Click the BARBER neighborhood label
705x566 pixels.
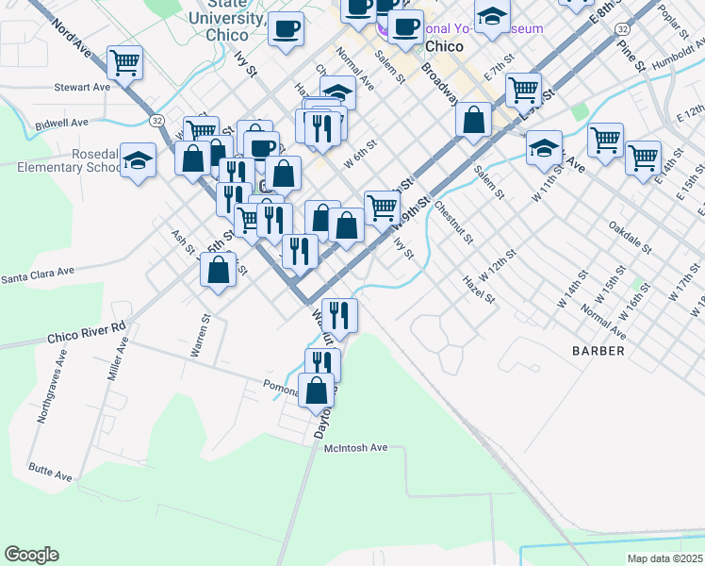598,350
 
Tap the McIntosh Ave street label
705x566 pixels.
359,448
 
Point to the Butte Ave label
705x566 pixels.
50,474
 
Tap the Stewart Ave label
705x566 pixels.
82,87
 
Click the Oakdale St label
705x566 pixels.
631,238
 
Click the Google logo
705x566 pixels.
31,555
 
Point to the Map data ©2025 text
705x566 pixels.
664,558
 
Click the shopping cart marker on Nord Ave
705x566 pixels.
124,63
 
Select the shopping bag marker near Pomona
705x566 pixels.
317,390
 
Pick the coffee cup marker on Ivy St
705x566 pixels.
285,28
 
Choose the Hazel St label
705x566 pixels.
479,289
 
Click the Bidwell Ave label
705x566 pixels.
61,123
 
